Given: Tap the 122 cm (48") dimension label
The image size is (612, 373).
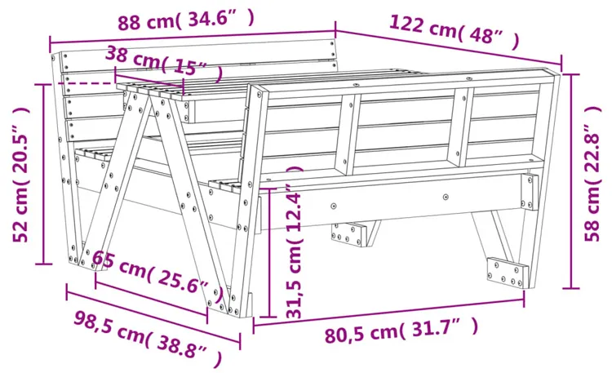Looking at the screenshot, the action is [x=455, y=31].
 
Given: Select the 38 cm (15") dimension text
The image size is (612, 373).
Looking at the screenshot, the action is [x=164, y=64].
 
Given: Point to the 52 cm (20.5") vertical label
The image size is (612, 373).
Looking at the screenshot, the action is [x=20, y=174].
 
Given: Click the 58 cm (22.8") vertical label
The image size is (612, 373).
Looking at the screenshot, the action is [x=592, y=173].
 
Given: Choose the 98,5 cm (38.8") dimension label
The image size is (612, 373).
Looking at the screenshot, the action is [x=148, y=338].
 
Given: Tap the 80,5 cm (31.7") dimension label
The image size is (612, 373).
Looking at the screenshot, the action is [x=401, y=331].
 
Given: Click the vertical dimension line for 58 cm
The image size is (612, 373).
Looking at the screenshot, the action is [x=571, y=181].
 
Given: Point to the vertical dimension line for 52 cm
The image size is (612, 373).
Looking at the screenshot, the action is [x=44, y=174].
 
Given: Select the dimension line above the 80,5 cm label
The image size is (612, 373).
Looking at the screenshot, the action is [x=388, y=311].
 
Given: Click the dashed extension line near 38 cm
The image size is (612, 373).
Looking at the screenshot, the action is [x=90, y=83].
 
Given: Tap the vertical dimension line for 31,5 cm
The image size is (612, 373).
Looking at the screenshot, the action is [x=269, y=253].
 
